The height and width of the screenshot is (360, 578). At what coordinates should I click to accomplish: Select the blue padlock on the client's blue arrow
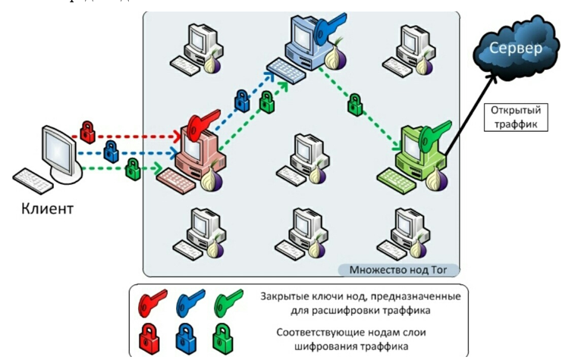[x=111, y=151]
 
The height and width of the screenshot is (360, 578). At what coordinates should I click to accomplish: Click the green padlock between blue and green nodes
[x=354, y=105]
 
